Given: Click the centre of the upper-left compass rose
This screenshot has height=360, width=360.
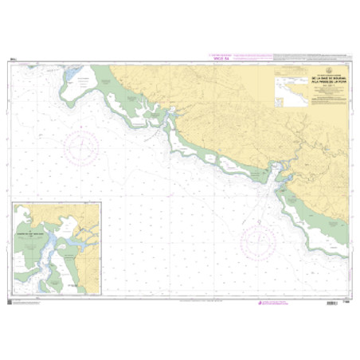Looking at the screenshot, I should [84, 147].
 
